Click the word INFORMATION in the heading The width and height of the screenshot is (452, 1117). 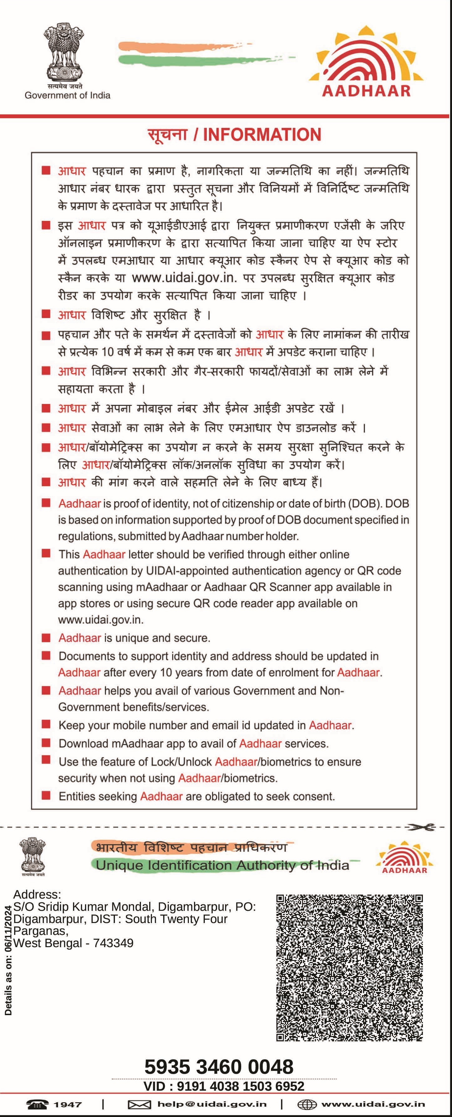pyautogui.click(x=262, y=134)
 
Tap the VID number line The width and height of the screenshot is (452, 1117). pyautogui.click(x=224, y=1086)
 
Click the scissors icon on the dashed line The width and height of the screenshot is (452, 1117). pyautogui.click(x=420, y=827)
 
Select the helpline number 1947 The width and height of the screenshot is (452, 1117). pyautogui.click(x=68, y=1104)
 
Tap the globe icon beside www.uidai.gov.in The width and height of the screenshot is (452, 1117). pyautogui.click(x=307, y=1105)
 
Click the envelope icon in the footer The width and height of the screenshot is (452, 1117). pyautogui.click(x=139, y=1105)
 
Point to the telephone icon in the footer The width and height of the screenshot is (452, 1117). pyautogui.click(x=37, y=1104)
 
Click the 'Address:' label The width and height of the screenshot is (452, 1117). pyautogui.click(x=37, y=894)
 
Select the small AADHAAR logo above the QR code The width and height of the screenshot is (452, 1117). pyautogui.click(x=404, y=858)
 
